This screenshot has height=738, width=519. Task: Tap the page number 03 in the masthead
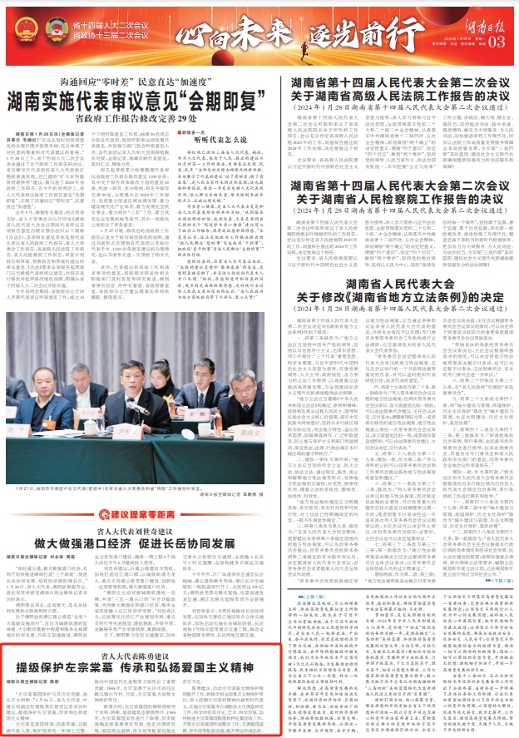[497, 42]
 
